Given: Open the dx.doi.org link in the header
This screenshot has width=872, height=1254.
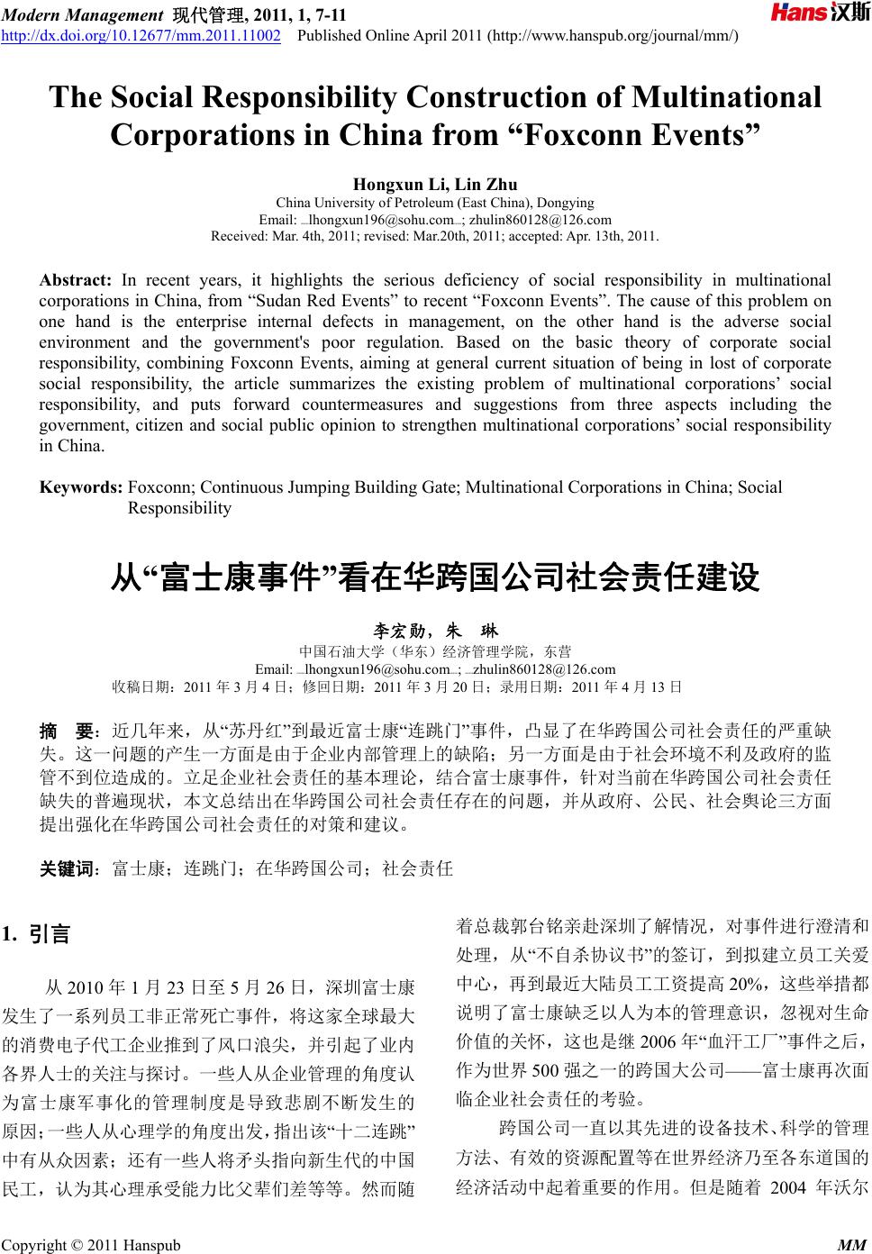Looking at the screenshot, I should (x=141, y=35).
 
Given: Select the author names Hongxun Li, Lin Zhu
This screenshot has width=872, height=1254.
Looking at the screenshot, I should (x=435, y=186).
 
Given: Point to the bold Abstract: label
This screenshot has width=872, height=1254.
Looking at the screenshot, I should (x=75, y=280).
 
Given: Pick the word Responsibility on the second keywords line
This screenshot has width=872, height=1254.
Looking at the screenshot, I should (x=179, y=508).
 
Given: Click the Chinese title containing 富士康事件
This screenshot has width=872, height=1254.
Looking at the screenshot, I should (x=435, y=577).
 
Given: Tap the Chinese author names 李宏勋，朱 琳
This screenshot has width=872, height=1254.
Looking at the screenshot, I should (x=435, y=632).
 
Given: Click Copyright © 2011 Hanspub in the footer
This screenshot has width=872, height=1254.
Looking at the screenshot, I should (x=91, y=1246).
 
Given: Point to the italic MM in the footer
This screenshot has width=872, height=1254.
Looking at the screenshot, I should (x=850, y=1246).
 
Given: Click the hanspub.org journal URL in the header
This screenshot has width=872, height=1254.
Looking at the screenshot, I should (x=613, y=35).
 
